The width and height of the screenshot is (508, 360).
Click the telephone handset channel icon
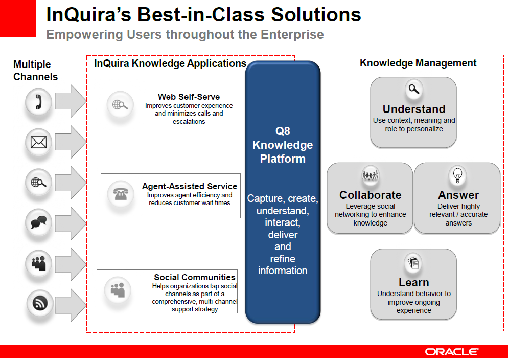click(38, 102)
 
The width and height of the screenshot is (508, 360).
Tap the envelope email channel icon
click(38, 142)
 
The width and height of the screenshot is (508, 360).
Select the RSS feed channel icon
click(40, 303)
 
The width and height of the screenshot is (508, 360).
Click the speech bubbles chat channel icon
click(38, 222)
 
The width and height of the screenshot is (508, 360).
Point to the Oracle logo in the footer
click(452, 352)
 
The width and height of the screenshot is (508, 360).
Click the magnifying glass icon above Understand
click(414, 89)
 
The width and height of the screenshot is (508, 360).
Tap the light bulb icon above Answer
click(457, 175)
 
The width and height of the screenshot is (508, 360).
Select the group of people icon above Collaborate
click(371, 175)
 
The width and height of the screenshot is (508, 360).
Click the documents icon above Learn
click(413, 263)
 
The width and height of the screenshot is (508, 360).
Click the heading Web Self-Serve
click(189, 97)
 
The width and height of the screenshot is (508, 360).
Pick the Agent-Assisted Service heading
click(190, 186)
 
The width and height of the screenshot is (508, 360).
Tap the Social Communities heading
click(195, 277)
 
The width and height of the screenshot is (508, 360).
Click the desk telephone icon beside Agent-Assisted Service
click(121, 194)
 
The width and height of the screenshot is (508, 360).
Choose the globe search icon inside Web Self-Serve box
click(120, 105)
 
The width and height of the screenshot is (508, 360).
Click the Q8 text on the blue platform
click(283, 131)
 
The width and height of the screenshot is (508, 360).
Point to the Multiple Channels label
click(35, 71)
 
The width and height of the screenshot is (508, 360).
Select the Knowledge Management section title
click(418, 63)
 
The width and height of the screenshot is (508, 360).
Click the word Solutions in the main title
click(316, 15)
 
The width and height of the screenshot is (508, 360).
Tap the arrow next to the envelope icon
click(71, 142)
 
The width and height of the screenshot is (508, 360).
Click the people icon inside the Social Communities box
click(118, 290)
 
